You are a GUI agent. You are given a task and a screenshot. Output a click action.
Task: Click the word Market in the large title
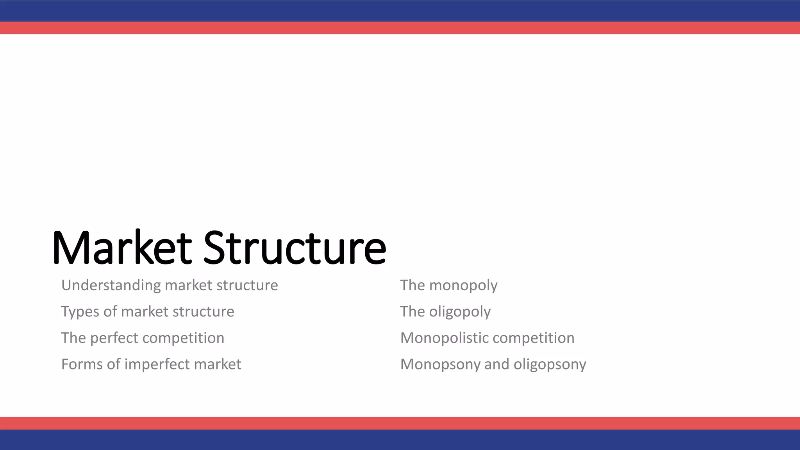click(x=121, y=248)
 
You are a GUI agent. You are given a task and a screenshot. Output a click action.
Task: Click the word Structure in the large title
click(x=295, y=248)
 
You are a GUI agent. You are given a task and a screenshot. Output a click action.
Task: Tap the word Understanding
click(x=111, y=286)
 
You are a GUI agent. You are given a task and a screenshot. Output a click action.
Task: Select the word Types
click(x=80, y=312)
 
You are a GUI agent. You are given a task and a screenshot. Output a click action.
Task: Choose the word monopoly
click(x=463, y=286)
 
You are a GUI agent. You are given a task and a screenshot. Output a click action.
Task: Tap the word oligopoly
click(x=460, y=312)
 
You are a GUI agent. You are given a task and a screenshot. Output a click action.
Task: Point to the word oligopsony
click(x=550, y=364)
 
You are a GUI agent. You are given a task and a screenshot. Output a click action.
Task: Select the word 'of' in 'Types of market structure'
click(x=110, y=312)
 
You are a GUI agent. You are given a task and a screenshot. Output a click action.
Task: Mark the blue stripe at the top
click(x=400, y=11)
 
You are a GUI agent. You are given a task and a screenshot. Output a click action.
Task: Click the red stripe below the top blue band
click(x=400, y=28)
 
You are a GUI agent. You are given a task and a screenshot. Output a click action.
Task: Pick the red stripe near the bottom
click(x=400, y=423)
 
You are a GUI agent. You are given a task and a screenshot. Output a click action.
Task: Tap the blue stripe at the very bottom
click(x=400, y=440)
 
